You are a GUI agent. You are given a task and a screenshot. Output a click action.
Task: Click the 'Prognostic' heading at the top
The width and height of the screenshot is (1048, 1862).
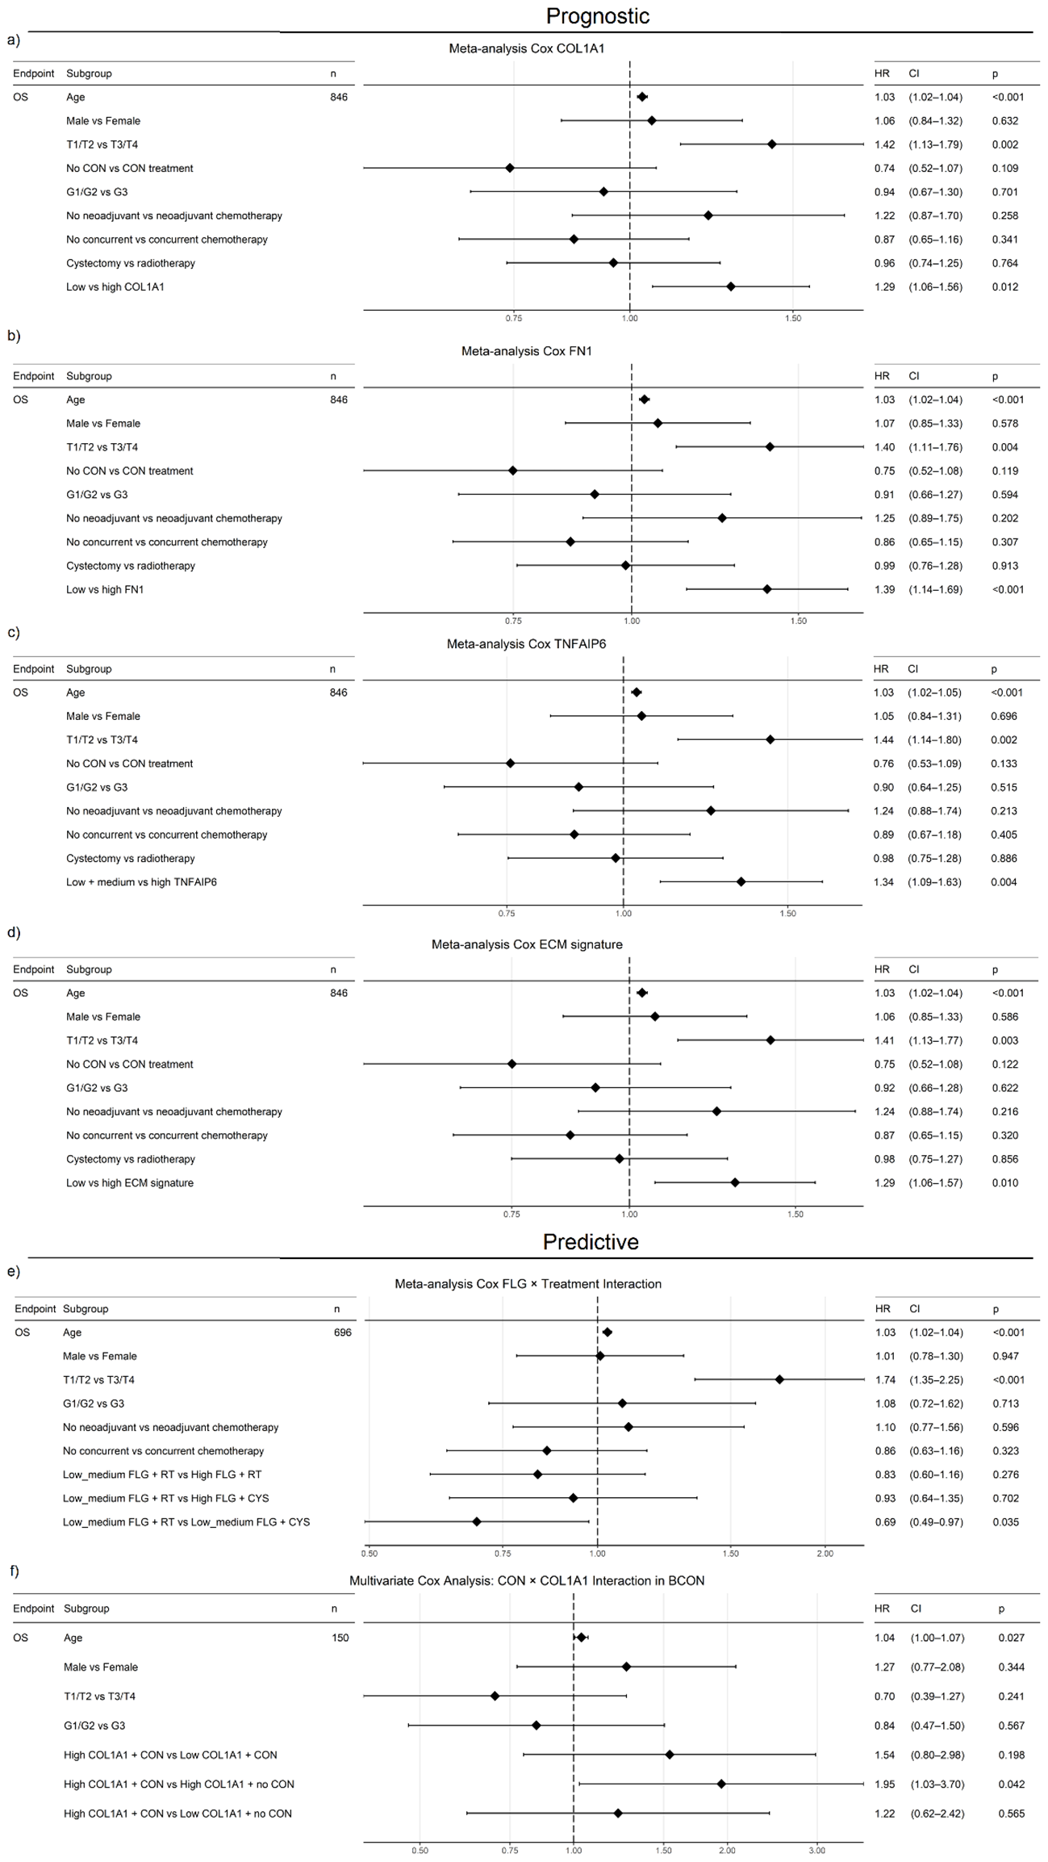pyautogui.click(x=597, y=16)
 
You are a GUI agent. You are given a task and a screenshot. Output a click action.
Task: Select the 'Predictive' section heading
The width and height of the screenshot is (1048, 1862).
pyautogui.click(x=591, y=1241)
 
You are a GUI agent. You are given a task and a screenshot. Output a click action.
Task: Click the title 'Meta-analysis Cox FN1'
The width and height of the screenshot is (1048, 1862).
pyautogui.click(x=526, y=351)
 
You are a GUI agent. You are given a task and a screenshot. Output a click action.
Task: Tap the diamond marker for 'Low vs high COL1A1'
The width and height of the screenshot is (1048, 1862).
pyautogui.click(x=731, y=287)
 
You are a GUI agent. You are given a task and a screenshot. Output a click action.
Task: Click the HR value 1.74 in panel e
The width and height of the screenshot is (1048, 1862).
pyautogui.click(x=885, y=1379)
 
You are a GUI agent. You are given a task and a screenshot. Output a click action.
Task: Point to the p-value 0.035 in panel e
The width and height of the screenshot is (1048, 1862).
pyautogui.click(x=1005, y=1521)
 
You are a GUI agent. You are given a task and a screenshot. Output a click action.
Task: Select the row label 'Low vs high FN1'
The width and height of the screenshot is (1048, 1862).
pyautogui.click(x=105, y=589)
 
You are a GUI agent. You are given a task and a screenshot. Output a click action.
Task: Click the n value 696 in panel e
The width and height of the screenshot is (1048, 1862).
pyautogui.click(x=342, y=1332)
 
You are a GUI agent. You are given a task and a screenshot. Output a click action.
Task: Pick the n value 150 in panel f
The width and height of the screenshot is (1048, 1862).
pyautogui.click(x=340, y=1637)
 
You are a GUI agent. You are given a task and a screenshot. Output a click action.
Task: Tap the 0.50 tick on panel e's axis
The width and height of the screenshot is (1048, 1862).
pyautogui.click(x=370, y=1553)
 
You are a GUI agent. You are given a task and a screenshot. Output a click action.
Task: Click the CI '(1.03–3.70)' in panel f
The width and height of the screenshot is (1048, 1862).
pyautogui.click(x=937, y=1784)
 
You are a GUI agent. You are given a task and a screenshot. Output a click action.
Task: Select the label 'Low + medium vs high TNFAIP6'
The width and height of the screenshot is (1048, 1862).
pyautogui.click(x=141, y=881)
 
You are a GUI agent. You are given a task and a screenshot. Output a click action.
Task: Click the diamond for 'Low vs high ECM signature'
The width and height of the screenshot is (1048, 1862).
pyautogui.click(x=735, y=1182)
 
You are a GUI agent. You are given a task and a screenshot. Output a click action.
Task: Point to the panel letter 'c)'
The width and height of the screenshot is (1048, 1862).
pyautogui.click(x=13, y=632)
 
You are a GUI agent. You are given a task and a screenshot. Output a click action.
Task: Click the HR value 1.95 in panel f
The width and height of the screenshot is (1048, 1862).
pyautogui.click(x=884, y=1784)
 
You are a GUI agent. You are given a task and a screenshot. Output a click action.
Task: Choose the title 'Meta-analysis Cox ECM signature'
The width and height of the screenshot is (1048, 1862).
pyautogui.click(x=527, y=944)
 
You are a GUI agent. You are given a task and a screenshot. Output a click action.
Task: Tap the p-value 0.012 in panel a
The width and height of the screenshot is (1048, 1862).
pyautogui.click(x=1005, y=287)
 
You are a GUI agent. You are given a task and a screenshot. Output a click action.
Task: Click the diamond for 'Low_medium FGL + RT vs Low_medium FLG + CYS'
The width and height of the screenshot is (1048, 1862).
pyautogui.click(x=477, y=1521)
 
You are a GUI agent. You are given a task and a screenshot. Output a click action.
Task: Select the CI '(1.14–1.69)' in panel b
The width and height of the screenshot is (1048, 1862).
pyautogui.click(x=936, y=589)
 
